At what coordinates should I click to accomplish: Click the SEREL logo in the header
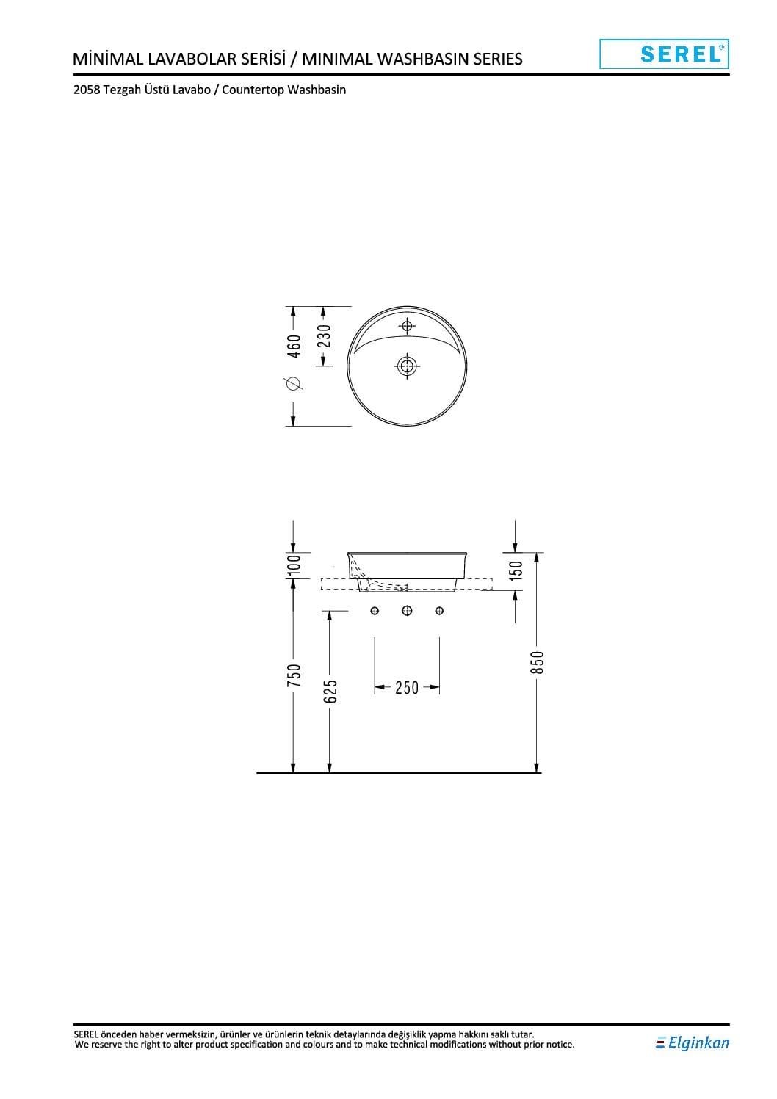[664, 54]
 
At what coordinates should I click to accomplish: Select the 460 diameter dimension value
[294, 346]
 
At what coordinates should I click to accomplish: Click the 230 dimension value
[324, 335]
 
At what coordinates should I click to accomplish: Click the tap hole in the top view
[407, 325]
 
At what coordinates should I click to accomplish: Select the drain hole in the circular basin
[406, 366]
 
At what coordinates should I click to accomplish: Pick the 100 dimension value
[294, 565]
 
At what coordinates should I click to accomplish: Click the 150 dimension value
[516, 570]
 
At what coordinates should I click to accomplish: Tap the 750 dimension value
[294, 675]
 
